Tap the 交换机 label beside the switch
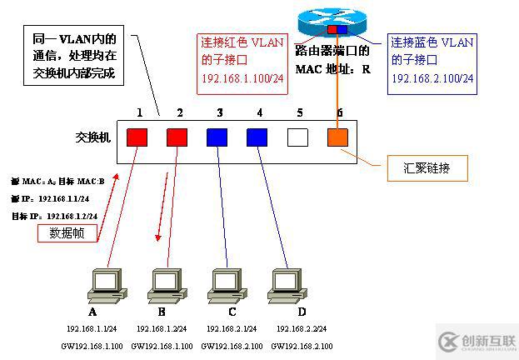coord(91,136)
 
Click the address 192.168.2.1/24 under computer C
coord(227,329)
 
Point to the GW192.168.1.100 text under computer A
coord(92,346)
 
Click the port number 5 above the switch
coord(297,111)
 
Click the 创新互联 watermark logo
coord(474,341)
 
